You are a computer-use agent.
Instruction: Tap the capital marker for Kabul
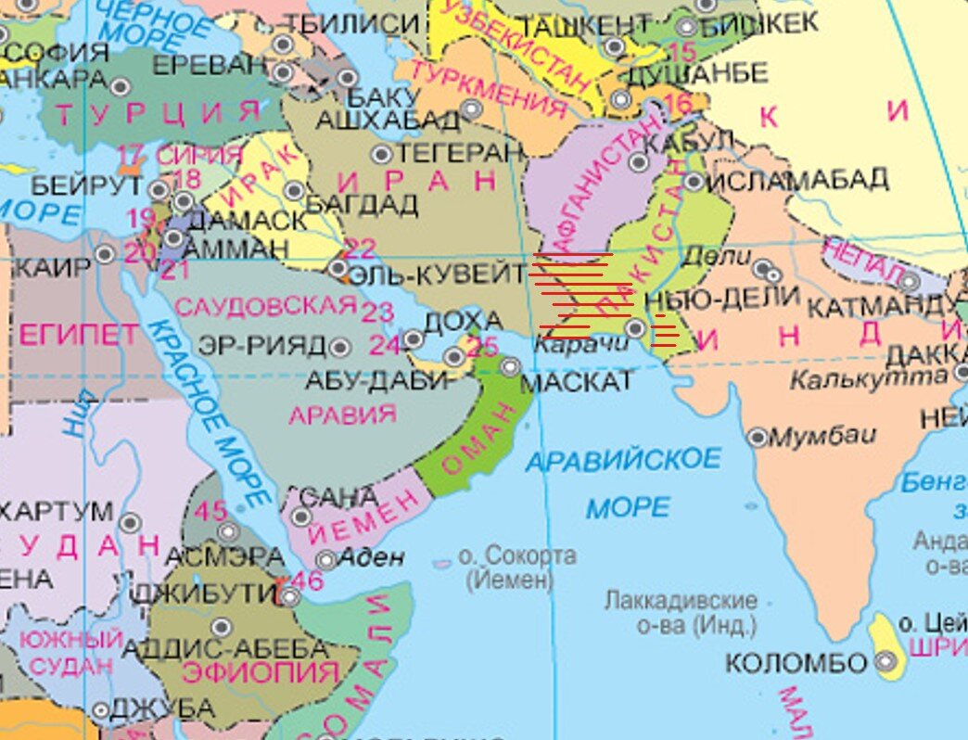pos(639,162)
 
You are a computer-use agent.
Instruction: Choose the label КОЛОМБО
pos(796,663)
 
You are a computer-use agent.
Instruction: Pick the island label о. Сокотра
pos(517,556)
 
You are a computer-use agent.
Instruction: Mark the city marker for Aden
pos(325,559)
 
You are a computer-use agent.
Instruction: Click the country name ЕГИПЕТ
pos(78,334)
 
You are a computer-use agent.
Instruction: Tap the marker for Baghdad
pos(294,191)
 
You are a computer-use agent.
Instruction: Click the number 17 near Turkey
pos(132,153)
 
